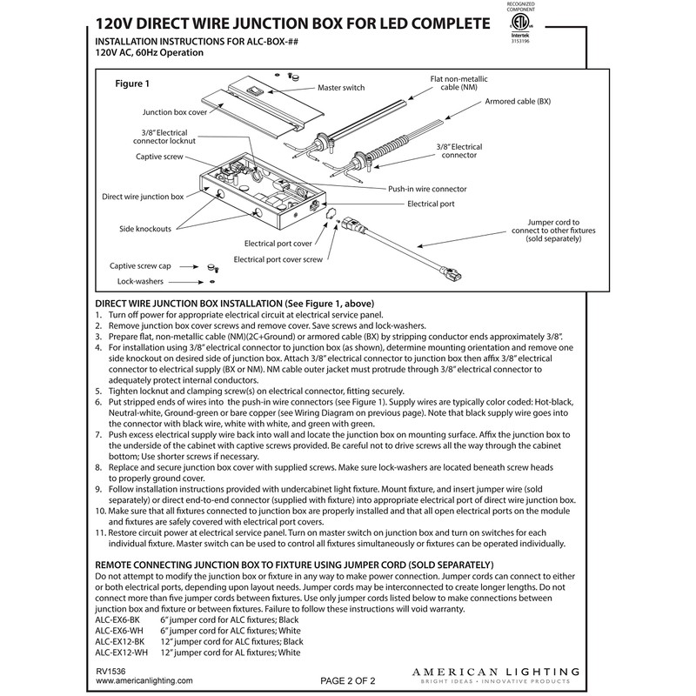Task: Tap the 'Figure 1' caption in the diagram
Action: pos(134,84)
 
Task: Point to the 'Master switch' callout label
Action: pos(341,89)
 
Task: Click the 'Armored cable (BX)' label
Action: pos(519,102)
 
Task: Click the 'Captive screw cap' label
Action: pos(146,266)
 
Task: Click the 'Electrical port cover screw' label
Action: pos(277,260)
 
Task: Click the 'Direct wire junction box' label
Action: pos(143,197)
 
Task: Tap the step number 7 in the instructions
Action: pos(99,433)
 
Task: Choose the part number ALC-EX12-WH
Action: pos(122,652)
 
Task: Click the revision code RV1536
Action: pos(111,672)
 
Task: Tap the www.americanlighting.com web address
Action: pos(142,682)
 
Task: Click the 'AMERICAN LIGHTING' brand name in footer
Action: pos(495,672)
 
